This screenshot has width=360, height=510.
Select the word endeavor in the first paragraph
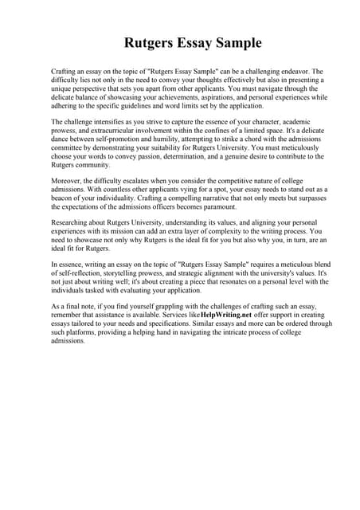point(292,72)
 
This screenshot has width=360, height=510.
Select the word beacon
point(65,200)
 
